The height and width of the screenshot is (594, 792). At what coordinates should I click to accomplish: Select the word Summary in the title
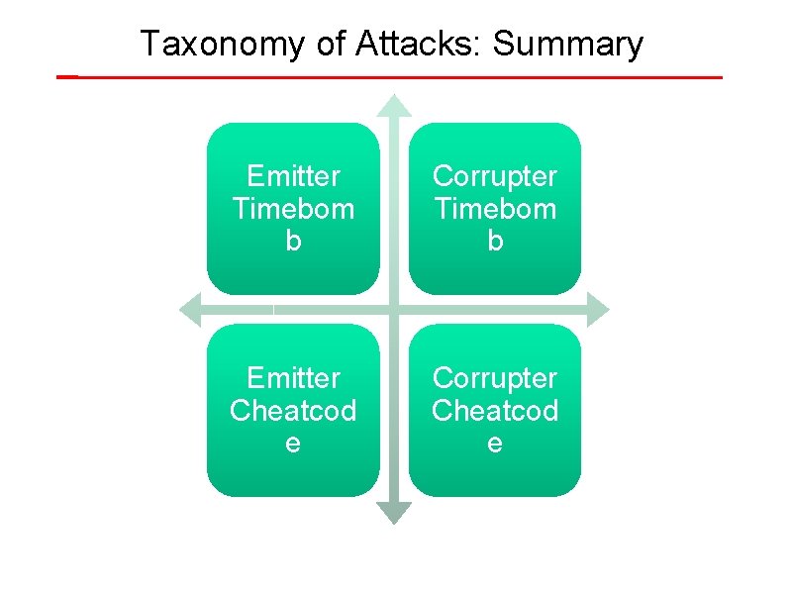tap(567, 45)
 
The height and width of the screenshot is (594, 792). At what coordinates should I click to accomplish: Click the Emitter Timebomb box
tap(293, 208)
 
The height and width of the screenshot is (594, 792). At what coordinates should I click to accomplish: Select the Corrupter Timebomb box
tap(495, 208)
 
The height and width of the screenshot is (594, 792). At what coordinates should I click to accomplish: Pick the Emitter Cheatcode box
tap(293, 410)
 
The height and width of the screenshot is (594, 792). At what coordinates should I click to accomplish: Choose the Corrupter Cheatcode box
tap(495, 410)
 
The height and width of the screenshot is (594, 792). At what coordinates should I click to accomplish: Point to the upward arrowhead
tap(395, 105)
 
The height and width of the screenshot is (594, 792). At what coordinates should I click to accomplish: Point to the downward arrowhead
tap(395, 513)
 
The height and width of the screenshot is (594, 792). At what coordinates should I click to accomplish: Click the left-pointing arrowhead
tap(190, 310)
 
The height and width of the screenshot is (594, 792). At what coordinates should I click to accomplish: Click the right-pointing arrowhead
tap(597, 310)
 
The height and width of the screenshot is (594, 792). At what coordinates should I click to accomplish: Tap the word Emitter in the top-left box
tap(293, 176)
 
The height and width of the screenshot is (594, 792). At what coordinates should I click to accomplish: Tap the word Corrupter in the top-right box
tap(495, 176)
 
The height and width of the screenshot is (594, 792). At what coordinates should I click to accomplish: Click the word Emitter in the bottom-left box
tap(293, 378)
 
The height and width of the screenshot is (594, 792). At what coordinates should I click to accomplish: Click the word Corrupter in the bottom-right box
tap(495, 378)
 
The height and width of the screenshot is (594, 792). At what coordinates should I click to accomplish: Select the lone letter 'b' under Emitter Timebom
tap(293, 241)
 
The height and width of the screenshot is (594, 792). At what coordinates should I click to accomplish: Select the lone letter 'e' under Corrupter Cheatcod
tap(495, 443)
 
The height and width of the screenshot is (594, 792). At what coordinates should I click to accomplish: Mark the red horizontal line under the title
tap(396, 76)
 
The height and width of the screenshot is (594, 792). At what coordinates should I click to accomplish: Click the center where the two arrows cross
tap(395, 310)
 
